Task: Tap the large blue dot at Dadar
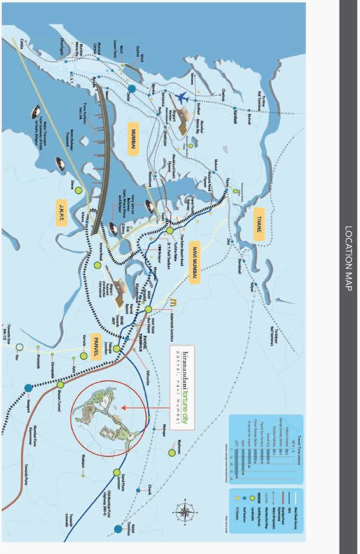tap(132, 89)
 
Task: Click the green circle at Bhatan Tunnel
tap(61, 385)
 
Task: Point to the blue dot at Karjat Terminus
tap(119, 529)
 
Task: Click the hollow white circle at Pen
tap(20, 347)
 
